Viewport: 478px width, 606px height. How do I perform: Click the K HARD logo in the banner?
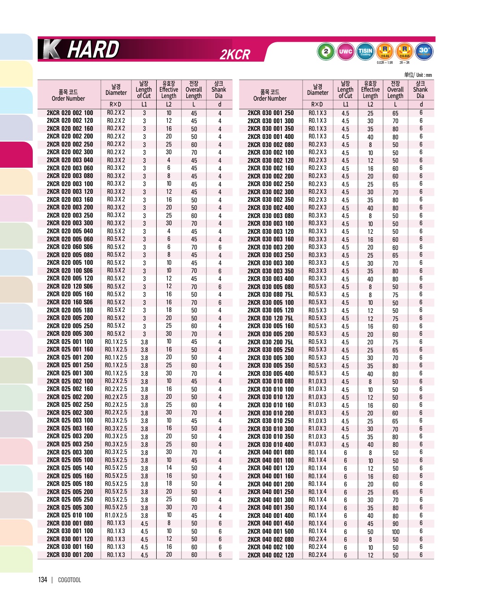click(81, 49)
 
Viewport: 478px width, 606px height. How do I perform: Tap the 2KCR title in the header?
click(235, 54)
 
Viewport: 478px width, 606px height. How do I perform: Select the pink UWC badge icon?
click(345, 51)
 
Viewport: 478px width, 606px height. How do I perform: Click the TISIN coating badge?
click(365, 51)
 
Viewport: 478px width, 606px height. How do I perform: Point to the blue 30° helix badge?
click(424, 51)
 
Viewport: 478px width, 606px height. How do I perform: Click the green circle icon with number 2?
click(326, 51)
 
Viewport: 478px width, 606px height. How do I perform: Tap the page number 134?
click(43, 580)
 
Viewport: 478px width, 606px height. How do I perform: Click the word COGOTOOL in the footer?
click(70, 580)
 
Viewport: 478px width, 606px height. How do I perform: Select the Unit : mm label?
click(418, 75)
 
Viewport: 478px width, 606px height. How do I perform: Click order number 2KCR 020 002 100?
click(70, 113)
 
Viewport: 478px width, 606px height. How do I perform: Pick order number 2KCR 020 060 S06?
click(70, 247)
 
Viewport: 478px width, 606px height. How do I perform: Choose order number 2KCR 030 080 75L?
click(271, 294)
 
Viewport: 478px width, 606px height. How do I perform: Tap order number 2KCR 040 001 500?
click(271, 531)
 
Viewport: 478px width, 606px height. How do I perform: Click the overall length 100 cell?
click(395, 531)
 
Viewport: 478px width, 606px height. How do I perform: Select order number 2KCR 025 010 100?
click(70, 515)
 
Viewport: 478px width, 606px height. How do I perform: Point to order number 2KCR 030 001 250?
click(271, 113)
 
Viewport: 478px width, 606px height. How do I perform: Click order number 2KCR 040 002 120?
click(271, 555)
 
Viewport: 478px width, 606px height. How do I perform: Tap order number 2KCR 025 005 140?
click(70, 468)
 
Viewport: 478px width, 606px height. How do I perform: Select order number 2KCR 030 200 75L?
click(271, 342)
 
